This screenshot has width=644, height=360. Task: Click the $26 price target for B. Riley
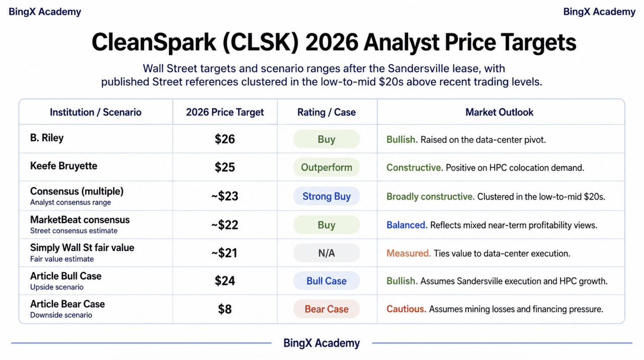click(224, 139)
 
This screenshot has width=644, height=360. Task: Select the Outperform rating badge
click(327, 167)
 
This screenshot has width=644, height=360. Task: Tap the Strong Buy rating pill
click(327, 196)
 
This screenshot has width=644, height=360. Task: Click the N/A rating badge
click(327, 253)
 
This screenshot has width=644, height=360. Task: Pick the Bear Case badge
click(327, 309)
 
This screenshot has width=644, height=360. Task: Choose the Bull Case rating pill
click(327, 280)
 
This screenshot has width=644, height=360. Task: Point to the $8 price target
click(224, 309)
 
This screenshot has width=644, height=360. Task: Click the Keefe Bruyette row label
click(63, 166)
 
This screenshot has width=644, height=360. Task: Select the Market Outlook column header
click(499, 112)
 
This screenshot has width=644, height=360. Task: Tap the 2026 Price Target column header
click(224, 112)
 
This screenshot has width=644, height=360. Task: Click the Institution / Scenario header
click(96, 112)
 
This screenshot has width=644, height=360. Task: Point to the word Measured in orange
click(409, 253)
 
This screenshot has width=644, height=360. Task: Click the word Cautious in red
click(406, 309)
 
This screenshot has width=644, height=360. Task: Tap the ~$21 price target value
click(224, 253)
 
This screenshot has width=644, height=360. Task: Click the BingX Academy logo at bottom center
click(321, 343)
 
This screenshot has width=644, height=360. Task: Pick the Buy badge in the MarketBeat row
click(327, 225)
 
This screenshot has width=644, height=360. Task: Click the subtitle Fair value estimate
click(62, 259)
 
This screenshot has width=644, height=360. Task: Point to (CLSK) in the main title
click(261, 42)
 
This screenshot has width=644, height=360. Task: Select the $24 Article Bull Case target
click(224, 280)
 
